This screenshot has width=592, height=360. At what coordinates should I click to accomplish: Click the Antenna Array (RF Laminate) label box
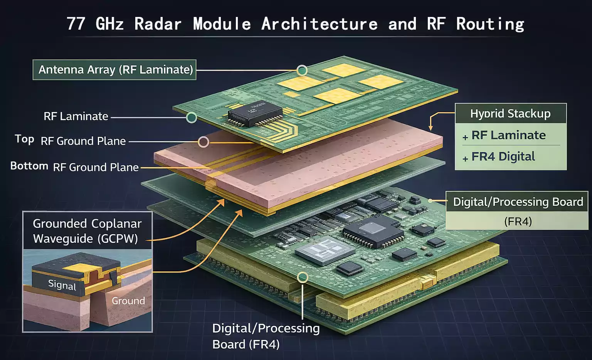pyautogui.click(x=114, y=70)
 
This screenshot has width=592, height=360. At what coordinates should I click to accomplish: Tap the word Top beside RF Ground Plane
pyautogui.click(x=24, y=139)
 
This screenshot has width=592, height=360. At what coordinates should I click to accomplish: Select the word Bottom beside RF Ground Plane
pyautogui.click(x=29, y=166)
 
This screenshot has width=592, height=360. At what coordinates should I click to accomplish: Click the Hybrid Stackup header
pyautogui.click(x=510, y=114)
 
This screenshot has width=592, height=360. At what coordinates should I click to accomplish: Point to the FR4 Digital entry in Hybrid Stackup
pyautogui.click(x=503, y=156)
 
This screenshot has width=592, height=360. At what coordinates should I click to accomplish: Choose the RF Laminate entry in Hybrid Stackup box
pyautogui.click(x=508, y=135)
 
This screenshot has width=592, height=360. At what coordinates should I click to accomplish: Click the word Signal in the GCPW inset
pyautogui.click(x=62, y=285)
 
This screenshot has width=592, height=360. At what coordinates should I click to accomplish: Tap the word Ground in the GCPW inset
pyautogui.click(x=128, y=301)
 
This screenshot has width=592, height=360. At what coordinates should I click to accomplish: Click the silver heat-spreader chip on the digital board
pyautogui.click(x=324, y=251)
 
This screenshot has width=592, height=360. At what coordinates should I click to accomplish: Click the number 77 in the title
pyautogui.click(x=76, y=24)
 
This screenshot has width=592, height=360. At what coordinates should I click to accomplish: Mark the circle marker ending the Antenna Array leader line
pyautogui.click(x=302, y=70)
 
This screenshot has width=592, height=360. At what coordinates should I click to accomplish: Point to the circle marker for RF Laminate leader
pyautogui.click(x=192, y=118)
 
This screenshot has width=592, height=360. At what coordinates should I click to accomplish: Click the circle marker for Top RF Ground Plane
pyautogui.click(x=203, y=142)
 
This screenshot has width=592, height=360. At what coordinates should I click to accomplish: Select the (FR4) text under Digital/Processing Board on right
pyautogui.click(x=518, y=222)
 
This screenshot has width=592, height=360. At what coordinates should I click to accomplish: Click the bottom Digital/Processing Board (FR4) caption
pyautogui.click(x=266, y=336)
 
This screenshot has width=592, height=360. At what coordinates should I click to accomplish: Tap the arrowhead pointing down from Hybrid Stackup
pyautogui.click(x=431, y=128)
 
